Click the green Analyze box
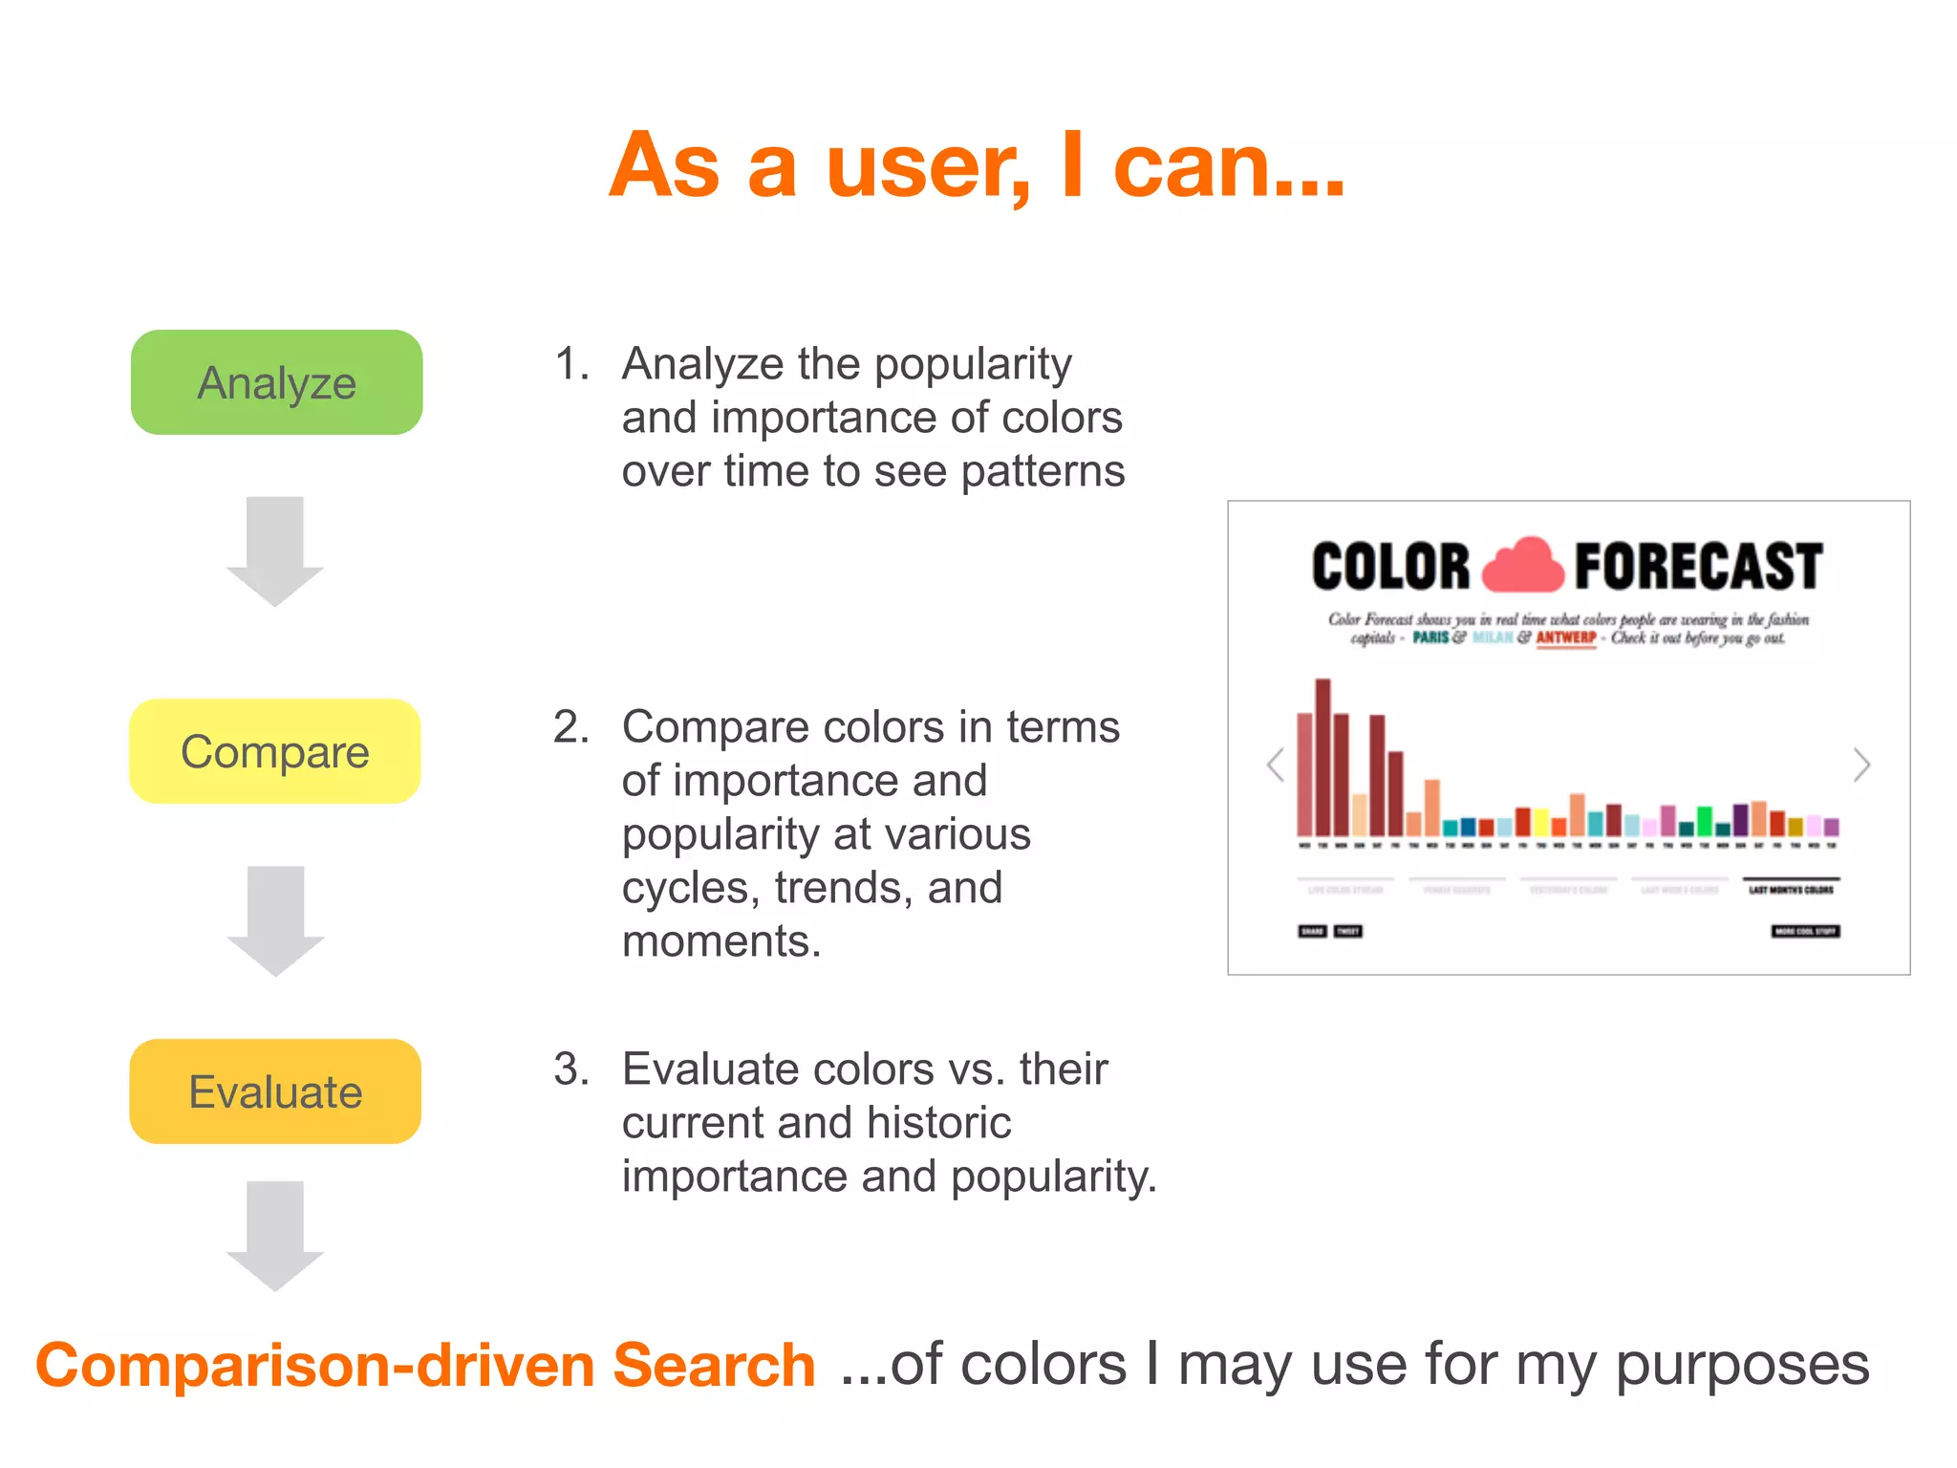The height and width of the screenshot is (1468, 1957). (x=276, y=382)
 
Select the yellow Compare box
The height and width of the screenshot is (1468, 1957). (x=274, y=751)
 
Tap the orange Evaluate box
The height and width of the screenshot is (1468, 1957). (x=275, y=1091)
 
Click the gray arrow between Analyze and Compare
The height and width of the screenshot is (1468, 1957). (x=275, y=551)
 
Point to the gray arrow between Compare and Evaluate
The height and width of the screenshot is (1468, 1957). (x=275, y=920)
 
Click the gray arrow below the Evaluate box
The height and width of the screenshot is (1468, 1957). (x=275, y=1236)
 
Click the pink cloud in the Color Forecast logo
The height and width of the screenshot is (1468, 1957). (x=1523, y=566)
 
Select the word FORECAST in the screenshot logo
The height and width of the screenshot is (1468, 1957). (x=1698, y=566)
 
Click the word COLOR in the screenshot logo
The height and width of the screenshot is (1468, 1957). (x=1390, y=566)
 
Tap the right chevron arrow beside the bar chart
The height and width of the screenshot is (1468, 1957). (x=1860, y=765)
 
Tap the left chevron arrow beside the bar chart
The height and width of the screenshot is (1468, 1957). (x=1276, y=765)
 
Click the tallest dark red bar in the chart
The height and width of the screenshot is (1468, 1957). (x=1323, y=757)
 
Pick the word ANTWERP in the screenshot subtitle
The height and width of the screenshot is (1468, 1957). (x=1566, y=637)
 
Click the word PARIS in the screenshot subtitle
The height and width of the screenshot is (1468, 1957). (x=1430, y=637)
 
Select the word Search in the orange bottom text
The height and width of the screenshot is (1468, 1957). (x=714, y=1365)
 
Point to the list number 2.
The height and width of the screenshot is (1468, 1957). (x=570, y=727)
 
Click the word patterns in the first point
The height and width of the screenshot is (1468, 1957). (x=1043, y=471)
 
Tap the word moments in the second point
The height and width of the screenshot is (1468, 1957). (x=720, y=941)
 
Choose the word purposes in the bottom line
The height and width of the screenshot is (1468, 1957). (x=1741, y=1365)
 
